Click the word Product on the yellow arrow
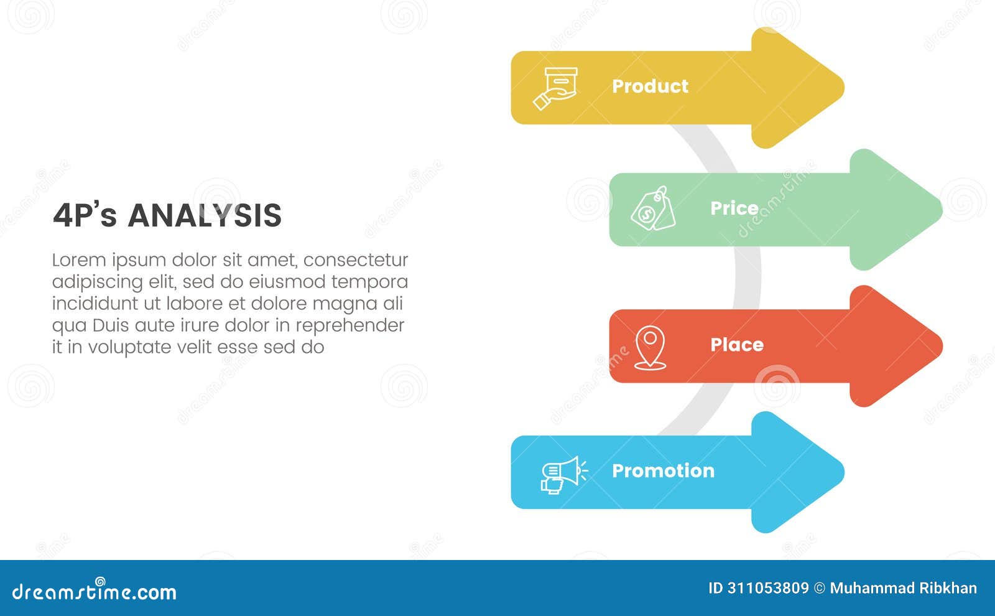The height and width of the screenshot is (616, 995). click(x=650, y=86)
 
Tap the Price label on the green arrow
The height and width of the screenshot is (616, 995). click(x=734, y=208)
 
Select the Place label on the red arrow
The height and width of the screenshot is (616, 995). click(x=736, y=345)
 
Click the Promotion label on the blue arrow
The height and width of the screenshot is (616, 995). click(x=663, y=471)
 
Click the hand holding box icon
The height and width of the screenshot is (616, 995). click(x=556, y=88)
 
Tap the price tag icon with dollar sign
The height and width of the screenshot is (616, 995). click(x=653, y=208)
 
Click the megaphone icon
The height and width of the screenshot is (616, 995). click(x=562, y=475)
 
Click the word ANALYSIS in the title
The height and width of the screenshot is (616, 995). click(x=205, y=216)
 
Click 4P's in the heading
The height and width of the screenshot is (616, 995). click(x=85, y=216)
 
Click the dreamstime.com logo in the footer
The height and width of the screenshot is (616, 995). click(x=95, y=591)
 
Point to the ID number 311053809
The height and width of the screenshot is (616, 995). click(x=767, y=589)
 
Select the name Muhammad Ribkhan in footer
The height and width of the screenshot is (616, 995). click(x=903, y=589)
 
